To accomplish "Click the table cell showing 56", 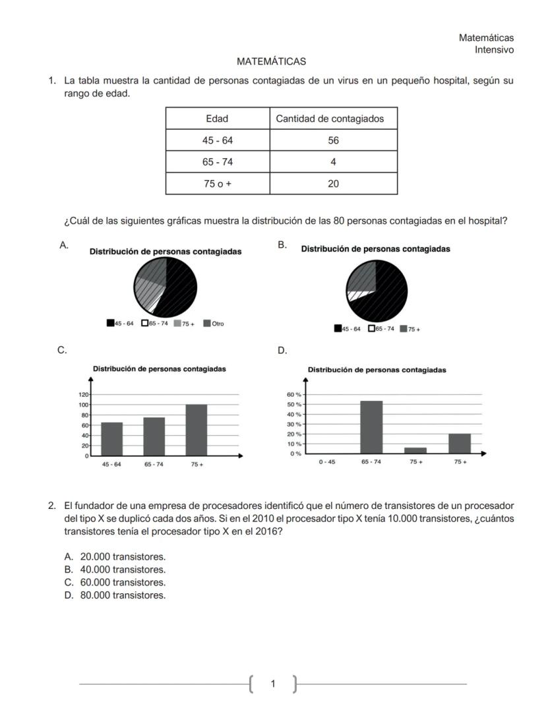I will pyautogui.click(x=333, y=140).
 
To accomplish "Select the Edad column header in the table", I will pyautogui.click(x=217, y=119).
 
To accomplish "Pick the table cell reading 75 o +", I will pyautogui.click(x=217, y=184).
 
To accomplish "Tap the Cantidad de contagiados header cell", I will pyautogui.click(x=333, y=119).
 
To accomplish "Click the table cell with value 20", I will pyautogui.click(x=333, y=184).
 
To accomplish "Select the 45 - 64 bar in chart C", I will pyautogui.click(x=111, y=438).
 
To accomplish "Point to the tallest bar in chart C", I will pyautogui.click(x=197, y=429).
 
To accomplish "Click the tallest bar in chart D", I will pyautogui.click(x=371, y=427).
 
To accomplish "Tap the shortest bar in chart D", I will pyautogui.click(x=415, y=450).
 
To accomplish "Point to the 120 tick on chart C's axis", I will pyautogui.click(x=84, y=394).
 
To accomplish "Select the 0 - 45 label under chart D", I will pyautogui.click(x=326, y=462).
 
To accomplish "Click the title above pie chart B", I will pyautogui.click(x=375, y=249).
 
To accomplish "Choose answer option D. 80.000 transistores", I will pyautogui.click(x=115, y=595).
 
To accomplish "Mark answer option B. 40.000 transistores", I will pyautogui.click(x=115, y=570).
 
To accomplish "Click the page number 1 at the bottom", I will pyautogui.click(x=273, y=684).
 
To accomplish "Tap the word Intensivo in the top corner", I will pyautogui.click(x=494, y=49).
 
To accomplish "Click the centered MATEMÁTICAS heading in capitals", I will pyautogui.click(x=271, y=61).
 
